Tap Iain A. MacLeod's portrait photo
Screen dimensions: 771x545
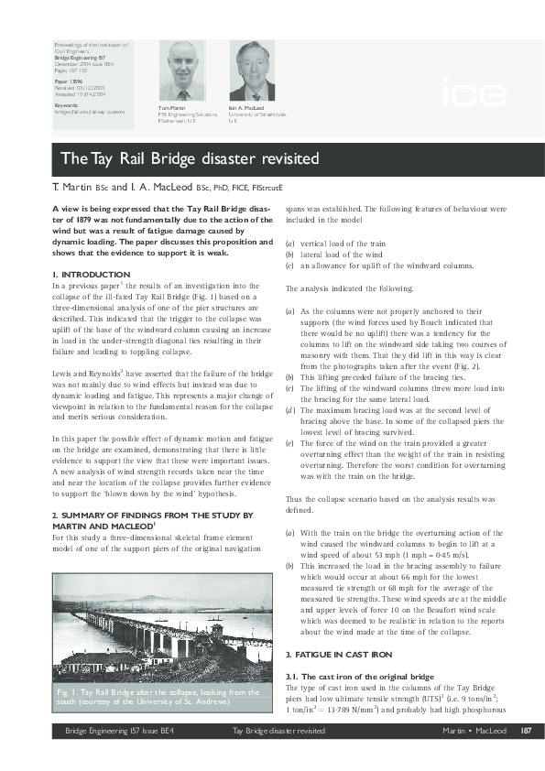pyautogui.click(x=251, y=71)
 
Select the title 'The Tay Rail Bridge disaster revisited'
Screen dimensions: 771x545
pyautogui.click(x=191, y=158)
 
